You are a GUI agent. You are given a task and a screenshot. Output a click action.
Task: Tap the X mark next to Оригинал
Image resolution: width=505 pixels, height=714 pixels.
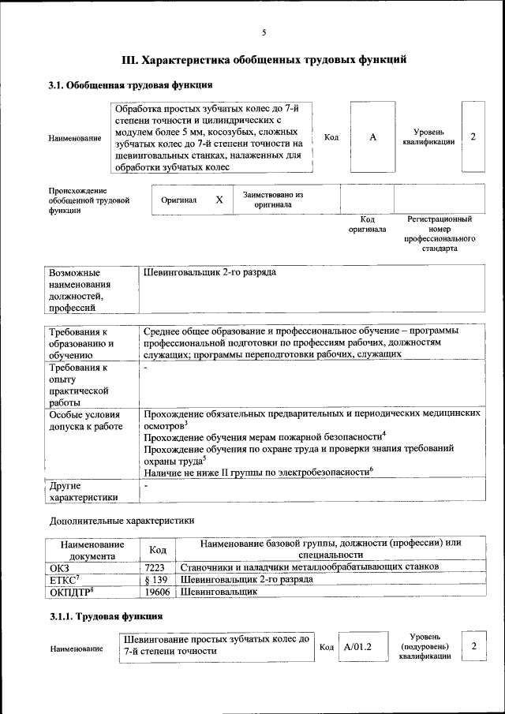(219, 200)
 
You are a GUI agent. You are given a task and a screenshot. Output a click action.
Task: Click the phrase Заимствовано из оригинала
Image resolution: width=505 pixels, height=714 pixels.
(273, 200)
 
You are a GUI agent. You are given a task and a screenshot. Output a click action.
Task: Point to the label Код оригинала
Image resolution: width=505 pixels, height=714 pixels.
(367, 224)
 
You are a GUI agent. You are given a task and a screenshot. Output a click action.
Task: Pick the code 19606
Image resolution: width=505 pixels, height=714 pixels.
(158, 591)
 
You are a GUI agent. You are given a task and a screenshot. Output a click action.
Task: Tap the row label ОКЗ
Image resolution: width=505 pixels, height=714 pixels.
(60, 567)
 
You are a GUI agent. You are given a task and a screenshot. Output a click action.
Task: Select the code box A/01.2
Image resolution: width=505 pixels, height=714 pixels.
(357, 648)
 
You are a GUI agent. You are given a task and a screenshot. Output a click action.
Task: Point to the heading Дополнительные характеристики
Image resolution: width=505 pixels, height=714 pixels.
(122, 521)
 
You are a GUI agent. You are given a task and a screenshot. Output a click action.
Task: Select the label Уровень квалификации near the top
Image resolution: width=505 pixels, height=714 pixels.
(433, 137)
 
